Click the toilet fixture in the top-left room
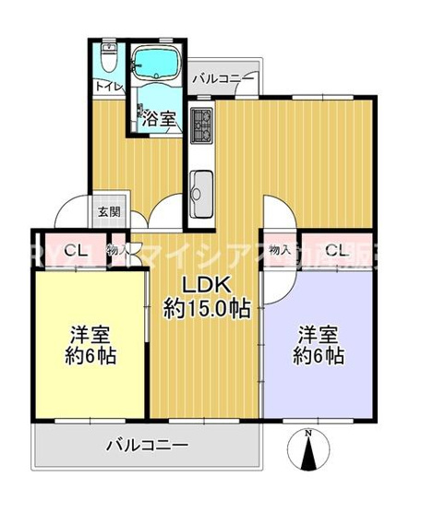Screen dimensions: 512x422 coord(109,57)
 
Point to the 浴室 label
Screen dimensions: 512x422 coord(162,118)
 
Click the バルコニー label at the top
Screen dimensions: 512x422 coord(223,80)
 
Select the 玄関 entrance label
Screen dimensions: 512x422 coord(108,211)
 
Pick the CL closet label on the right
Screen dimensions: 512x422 coord(334,250)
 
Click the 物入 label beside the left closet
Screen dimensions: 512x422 coord(118,250)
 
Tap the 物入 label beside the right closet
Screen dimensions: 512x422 coord(280,250)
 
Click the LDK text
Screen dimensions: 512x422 coord(205,283)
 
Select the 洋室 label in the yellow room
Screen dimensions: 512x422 coord(90,333)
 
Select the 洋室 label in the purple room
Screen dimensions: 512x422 coord(319,333)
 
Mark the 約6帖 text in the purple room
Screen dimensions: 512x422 coord(319,356)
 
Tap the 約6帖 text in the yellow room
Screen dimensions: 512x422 coord(90,356)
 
